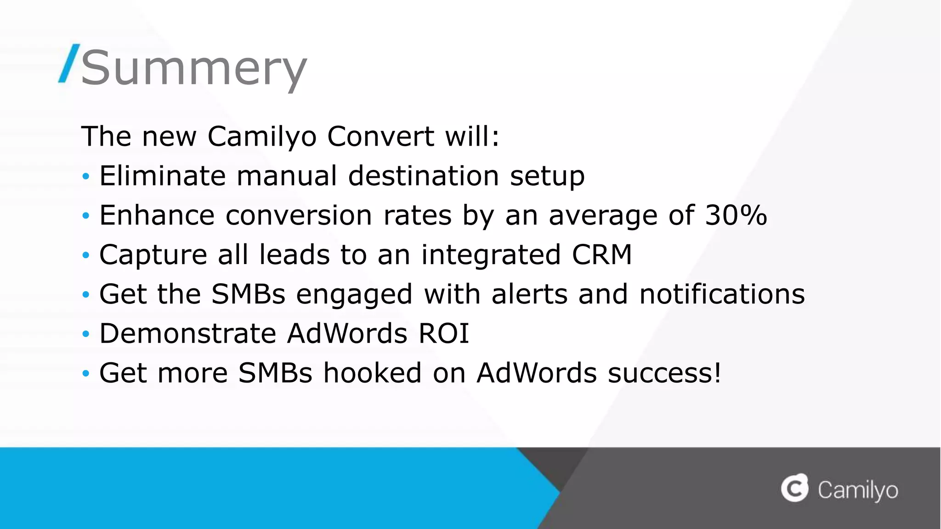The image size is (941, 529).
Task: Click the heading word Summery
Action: click(193, 68)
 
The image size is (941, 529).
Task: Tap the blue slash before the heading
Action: click(69, 64)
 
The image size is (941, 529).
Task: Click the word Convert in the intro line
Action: click(380, 136)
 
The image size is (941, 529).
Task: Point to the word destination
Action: click(423, 176)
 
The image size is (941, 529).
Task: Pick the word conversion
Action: click(299, 215)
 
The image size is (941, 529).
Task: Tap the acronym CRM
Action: click(602, 255)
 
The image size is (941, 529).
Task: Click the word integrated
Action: click(491, 255)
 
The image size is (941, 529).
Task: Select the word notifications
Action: click(722, 294)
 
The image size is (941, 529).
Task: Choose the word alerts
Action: click(529, 294)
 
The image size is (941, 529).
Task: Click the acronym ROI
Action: click(443, 333)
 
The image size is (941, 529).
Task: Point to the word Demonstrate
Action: click(187, 333)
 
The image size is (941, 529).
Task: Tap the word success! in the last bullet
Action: click(664, 373)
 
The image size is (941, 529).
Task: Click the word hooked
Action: click(372, 373)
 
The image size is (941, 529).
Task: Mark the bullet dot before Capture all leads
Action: click(85, 255)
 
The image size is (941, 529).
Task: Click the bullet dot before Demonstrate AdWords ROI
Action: click(85, 334)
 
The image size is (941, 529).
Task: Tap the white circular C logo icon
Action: click(794, 488)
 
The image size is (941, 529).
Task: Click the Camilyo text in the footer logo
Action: click(857, 490)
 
